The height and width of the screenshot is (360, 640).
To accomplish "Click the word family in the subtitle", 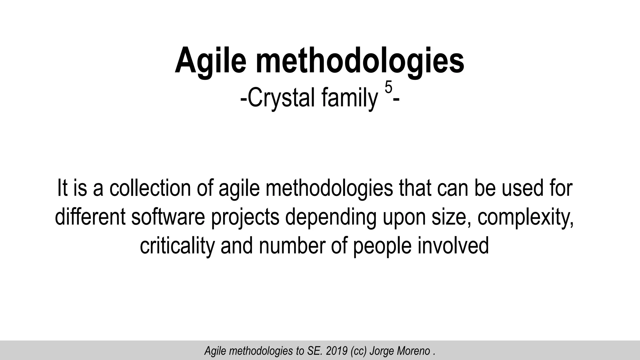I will click(349, 98).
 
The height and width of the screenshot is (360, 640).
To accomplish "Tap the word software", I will click(168, 217).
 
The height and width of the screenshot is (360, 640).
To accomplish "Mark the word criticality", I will click(177, 246).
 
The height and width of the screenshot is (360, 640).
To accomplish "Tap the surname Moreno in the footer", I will click(414, 351).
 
